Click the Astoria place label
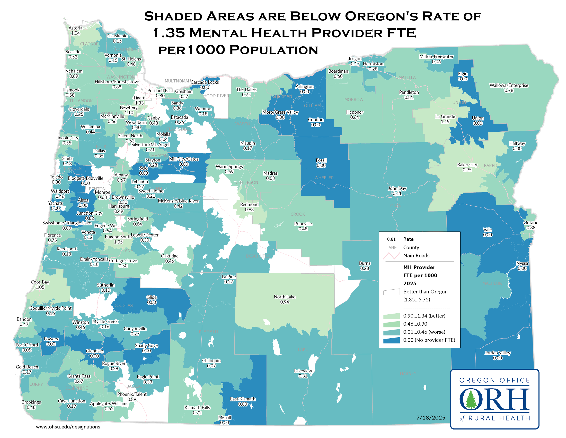coord(75,28)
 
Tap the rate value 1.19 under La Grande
coord(445,122)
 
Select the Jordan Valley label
coord(497,353)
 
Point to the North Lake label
coord(285,297)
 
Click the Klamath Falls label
coord(197,408)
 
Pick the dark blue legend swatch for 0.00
coord(391,340)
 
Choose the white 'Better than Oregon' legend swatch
coord(391,292)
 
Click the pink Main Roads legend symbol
coord(391,256)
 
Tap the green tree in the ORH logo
coord(471,400)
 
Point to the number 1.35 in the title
coord(169,33)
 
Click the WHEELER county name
coord(324,178)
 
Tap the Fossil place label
coord(321,160)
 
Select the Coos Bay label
coord(40,282)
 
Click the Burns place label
coord(365,263)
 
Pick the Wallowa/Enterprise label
coord(508,85)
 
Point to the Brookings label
coord(31,402)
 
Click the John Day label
coord(397,188)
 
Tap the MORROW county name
coord(354,100)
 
